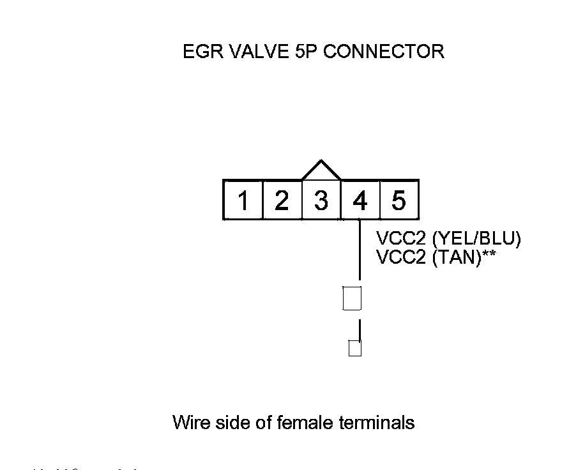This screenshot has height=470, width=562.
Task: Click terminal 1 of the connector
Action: (243, 201)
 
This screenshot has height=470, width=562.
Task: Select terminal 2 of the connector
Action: (282, 201)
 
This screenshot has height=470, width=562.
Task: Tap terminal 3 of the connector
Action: (321, 201)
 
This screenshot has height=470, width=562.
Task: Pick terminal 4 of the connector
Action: (360, 201)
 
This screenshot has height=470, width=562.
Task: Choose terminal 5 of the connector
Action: (399, 201)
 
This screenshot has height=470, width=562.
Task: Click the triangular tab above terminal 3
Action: (321, 171)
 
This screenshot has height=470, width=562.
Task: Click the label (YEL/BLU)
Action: (477, 239)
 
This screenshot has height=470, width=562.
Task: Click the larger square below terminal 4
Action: (353, 298)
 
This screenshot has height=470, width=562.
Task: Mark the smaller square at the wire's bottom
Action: (355, 349)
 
